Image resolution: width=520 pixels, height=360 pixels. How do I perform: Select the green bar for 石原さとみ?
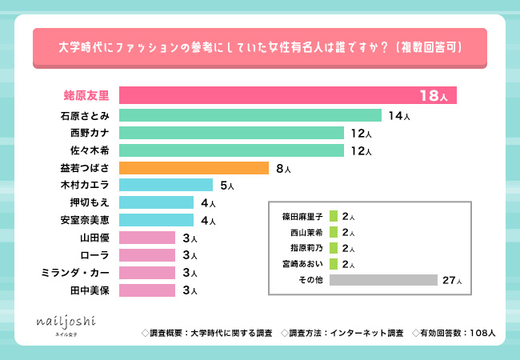click(x=250, y=115)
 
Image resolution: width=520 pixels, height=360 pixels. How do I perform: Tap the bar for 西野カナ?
click(x=230, y=133)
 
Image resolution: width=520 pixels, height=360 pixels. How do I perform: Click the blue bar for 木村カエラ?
click(x=166, y=186)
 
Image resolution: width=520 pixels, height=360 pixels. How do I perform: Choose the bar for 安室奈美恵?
click(x=156, y=220)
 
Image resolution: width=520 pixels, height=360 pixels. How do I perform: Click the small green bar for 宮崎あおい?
click(x=333, y=265)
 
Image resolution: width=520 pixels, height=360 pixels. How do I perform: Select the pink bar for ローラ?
click(x=147, y=255)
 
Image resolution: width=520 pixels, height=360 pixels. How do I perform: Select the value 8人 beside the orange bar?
click(x=283, y=169)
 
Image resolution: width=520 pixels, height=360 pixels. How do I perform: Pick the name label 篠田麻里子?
click(x=299, y=217)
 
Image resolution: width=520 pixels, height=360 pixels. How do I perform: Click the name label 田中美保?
click(x=93, y=290)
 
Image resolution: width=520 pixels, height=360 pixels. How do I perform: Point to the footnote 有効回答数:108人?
click(x=454, y=331)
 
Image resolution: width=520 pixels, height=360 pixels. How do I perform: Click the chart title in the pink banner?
click(x=261, y=48)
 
